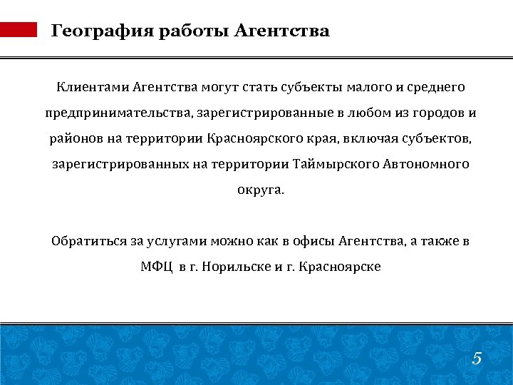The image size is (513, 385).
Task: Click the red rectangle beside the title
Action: click(19, 29)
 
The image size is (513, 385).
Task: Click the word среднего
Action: click(435, 88)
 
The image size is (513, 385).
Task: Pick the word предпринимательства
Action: click(117, 113)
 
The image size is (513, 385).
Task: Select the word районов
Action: click(74, 139)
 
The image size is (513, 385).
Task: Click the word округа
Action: click(259, 190)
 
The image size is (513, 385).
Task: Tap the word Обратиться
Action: click(88, 241)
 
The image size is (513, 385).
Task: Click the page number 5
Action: click(477, 359)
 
